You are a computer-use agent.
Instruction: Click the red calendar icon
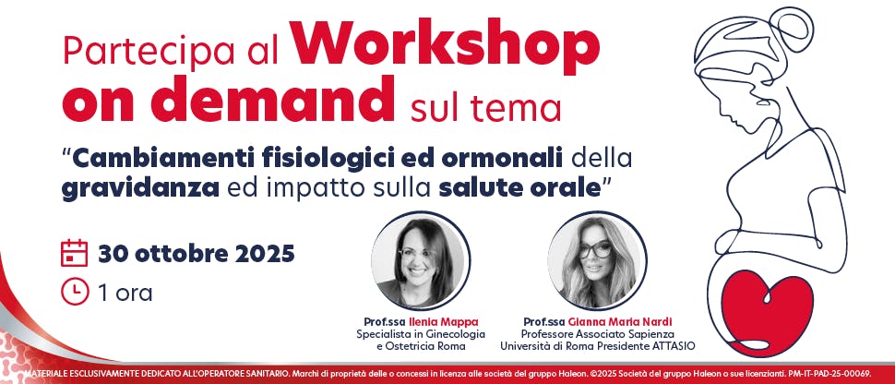tap(74, 253)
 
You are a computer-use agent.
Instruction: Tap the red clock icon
tap(74, 293)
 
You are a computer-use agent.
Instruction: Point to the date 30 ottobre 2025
tap(197, 253)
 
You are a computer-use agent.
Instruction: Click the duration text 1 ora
tap(125, 294)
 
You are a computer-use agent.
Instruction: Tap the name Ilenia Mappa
tap(437, 321)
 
